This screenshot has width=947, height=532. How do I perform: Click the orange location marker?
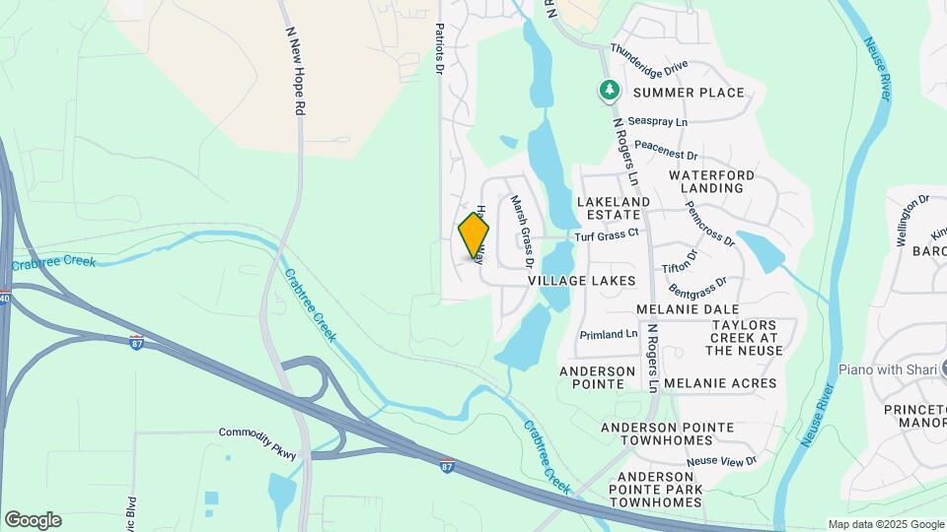473,236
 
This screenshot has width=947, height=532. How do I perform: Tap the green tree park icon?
610,92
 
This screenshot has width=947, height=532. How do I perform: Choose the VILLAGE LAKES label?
582,281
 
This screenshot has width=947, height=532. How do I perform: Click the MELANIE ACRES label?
720,383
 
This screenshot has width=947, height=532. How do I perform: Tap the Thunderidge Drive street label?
648,58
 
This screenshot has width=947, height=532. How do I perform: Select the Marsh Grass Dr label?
520,233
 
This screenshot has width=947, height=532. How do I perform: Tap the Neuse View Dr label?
721,461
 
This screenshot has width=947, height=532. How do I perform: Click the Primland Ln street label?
609,334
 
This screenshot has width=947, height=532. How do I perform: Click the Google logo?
33,520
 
